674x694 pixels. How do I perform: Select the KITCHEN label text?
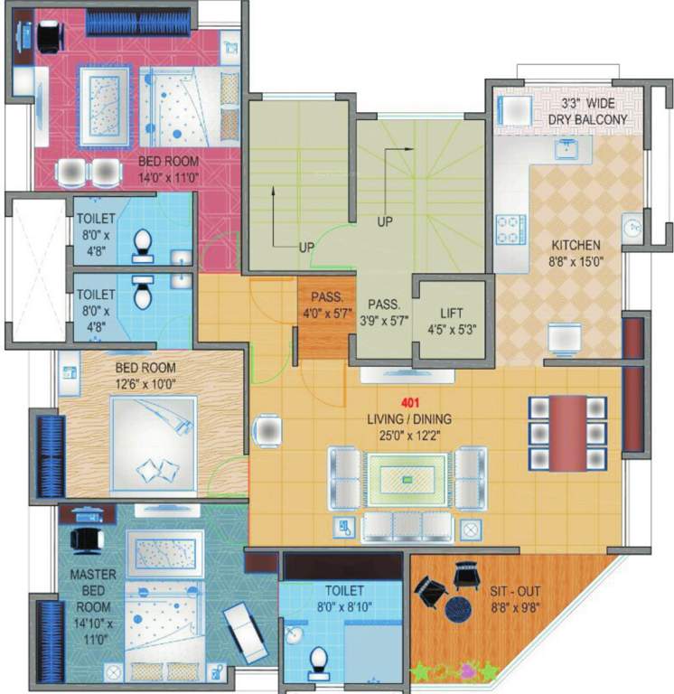pos(576,245)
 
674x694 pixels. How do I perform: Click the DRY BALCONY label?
pos(586,119)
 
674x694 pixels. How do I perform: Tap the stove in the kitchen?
pos(508,229)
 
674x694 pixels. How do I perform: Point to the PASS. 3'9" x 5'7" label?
pos(385,314)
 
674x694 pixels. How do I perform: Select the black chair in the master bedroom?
pos(87,539)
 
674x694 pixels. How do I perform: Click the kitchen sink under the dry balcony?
pos(566,150)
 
